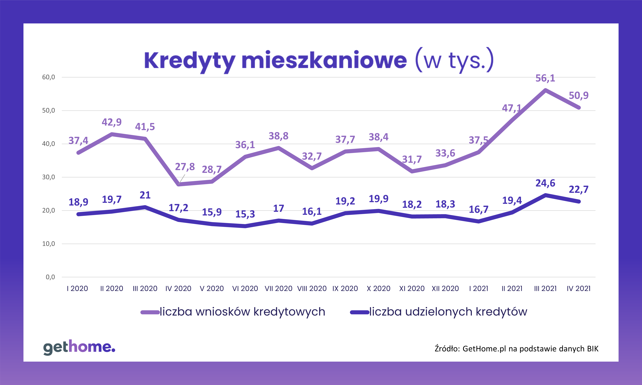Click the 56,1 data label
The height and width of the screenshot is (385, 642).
point(545,78)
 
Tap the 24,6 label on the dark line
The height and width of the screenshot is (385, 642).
point(545,183)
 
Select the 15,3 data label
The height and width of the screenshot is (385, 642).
point(245,214)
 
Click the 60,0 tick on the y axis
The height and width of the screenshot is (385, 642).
point(49,77)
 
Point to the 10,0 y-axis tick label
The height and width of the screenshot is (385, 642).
point(49,244)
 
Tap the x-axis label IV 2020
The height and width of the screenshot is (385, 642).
point(178,288)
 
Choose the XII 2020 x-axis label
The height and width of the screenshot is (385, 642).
point(445,288)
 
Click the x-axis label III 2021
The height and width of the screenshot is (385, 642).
point(545,288)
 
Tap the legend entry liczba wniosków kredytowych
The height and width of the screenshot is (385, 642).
point(242,312)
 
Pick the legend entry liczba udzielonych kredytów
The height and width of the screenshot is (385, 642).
point(448,312)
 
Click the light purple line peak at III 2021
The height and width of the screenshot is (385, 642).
point(545,90)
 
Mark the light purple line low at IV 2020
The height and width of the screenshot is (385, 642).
point(179,184)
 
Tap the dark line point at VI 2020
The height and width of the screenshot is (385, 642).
point(245,226)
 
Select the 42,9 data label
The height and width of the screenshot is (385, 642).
point(112,122)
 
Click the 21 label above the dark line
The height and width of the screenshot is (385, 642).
point(145,195)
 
